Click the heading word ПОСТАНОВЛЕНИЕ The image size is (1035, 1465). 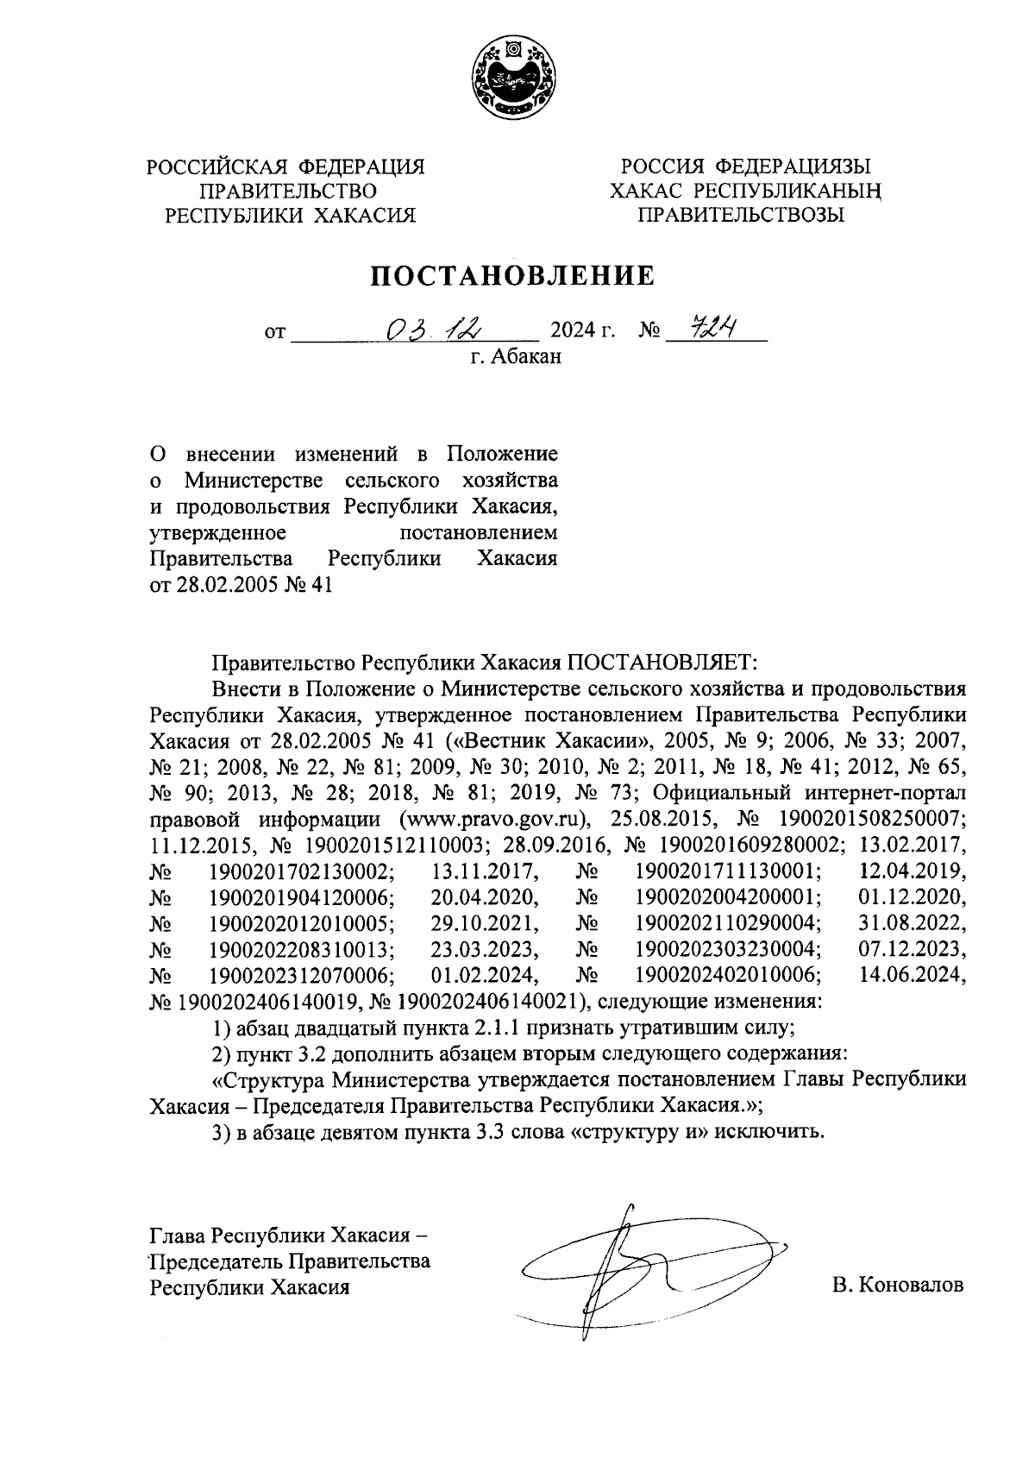(513, 275)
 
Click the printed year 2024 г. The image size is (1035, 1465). (582, 331)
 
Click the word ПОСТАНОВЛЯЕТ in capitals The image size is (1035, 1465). (661, 663)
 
